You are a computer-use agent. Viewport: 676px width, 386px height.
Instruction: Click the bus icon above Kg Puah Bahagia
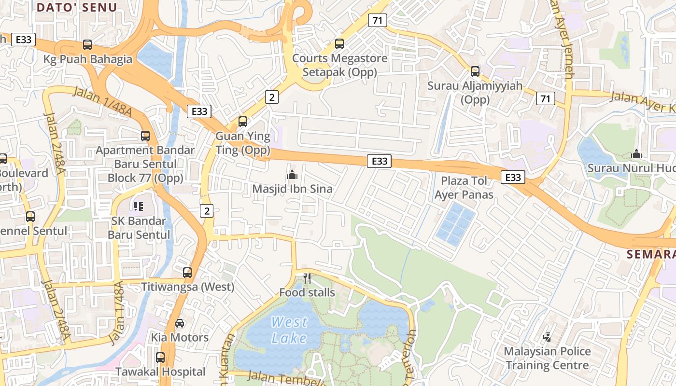pos(87,45)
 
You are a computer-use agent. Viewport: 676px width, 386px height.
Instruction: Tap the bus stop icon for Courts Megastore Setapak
pos(339,44)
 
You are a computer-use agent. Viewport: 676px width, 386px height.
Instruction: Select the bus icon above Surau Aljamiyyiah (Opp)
pos(475,71)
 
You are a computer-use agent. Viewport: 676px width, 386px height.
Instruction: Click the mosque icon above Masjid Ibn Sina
pos(292,175)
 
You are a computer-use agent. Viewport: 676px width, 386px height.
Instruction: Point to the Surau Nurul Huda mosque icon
pos(636,154)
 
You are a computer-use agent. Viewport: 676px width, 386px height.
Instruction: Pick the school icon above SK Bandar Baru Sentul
pos(139,207)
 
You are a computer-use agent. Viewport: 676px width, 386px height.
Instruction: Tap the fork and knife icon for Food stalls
pos(307,278)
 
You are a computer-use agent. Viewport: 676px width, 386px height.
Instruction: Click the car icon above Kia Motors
pos(180,323)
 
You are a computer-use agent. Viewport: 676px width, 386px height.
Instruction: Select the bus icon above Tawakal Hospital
pos(160,358)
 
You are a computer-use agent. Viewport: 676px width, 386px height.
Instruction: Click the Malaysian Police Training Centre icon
pos(547,337)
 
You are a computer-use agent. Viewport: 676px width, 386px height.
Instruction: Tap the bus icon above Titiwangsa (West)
pos(187,272)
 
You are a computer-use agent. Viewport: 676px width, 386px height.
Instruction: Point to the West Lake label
pos(289,330)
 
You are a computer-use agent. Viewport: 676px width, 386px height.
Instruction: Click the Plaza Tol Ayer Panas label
pos(464,188)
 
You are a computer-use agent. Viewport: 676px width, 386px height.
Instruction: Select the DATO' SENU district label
pos(77,7)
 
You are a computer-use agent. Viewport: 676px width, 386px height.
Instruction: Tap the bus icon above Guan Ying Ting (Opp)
pos(243,122)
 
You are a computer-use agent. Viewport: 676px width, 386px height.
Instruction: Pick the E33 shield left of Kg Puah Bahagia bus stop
pos(24,40)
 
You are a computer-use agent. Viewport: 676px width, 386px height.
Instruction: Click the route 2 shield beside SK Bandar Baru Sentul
pos(207,211)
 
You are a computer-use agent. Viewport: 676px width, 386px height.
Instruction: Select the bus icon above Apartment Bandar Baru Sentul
pos(145,136)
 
